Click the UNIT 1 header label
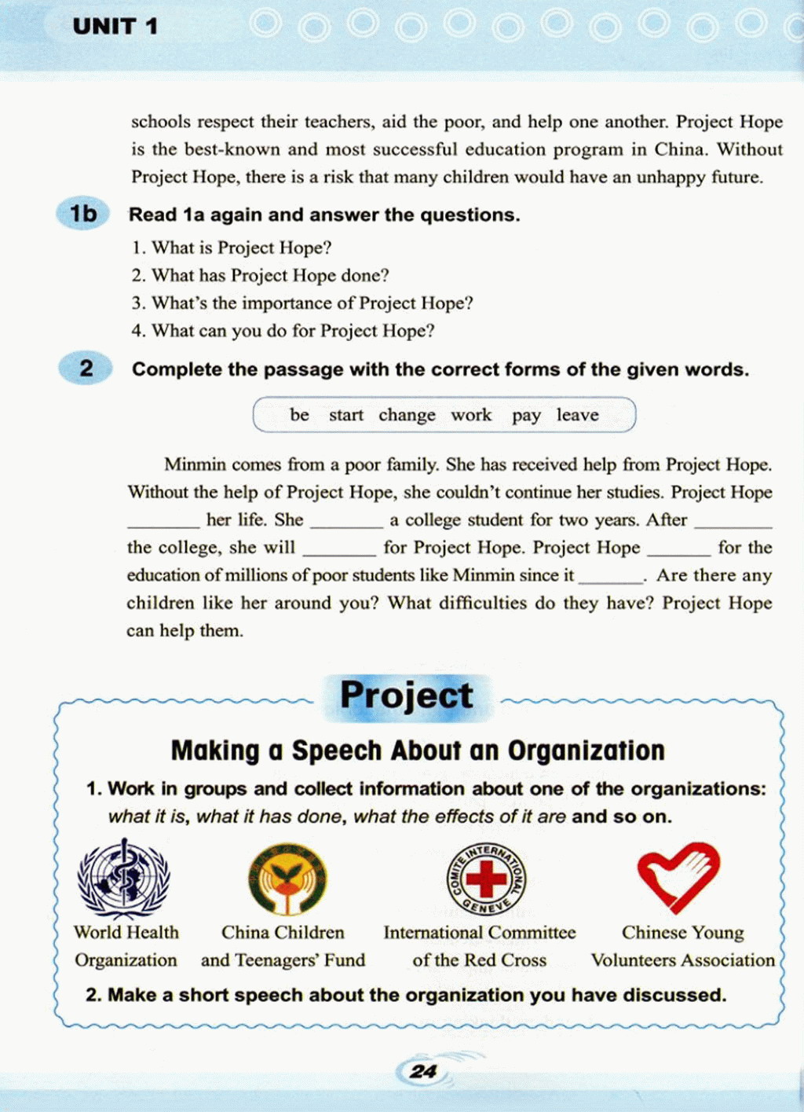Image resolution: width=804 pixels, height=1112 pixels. point(115,27)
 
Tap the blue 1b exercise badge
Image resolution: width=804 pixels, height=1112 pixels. point(82,214)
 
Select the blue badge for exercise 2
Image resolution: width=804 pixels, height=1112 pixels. point(86,368)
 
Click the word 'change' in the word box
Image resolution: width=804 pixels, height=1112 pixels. point(407,415)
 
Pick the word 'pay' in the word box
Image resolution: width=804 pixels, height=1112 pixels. point(526,415)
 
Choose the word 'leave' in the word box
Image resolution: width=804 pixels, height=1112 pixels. point(577,415)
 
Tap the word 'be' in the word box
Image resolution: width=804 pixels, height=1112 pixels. point(299,415)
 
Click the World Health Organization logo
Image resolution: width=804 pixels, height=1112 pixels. point(123,879)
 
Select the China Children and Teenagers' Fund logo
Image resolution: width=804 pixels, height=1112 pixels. point(287,879)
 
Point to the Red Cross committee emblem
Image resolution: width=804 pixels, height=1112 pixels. point(486,879)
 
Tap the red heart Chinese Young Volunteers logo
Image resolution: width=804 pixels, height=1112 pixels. point(678,875)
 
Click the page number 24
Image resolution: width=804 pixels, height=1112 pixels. point(423,1071)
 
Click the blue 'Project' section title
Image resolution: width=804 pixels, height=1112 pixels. point(406,695)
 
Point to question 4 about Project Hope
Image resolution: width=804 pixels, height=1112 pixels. point(283,331)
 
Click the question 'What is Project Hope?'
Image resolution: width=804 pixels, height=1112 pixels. point(232,248)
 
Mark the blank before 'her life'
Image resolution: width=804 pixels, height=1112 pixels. point(163,521)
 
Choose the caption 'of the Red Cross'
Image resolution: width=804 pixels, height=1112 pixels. point(479,960)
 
